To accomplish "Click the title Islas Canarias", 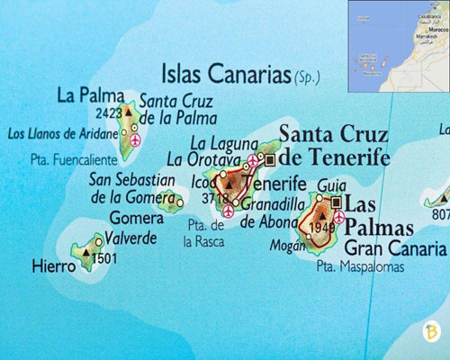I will (225, 73).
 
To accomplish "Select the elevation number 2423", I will (108, 113).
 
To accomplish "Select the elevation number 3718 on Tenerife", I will (216, 197).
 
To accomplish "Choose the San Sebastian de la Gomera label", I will (132, 188).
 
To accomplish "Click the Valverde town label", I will (131, 238).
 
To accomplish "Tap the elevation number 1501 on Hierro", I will (104, 259).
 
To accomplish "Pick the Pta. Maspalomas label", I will (360, 267).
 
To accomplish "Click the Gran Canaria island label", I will (396, 247).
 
